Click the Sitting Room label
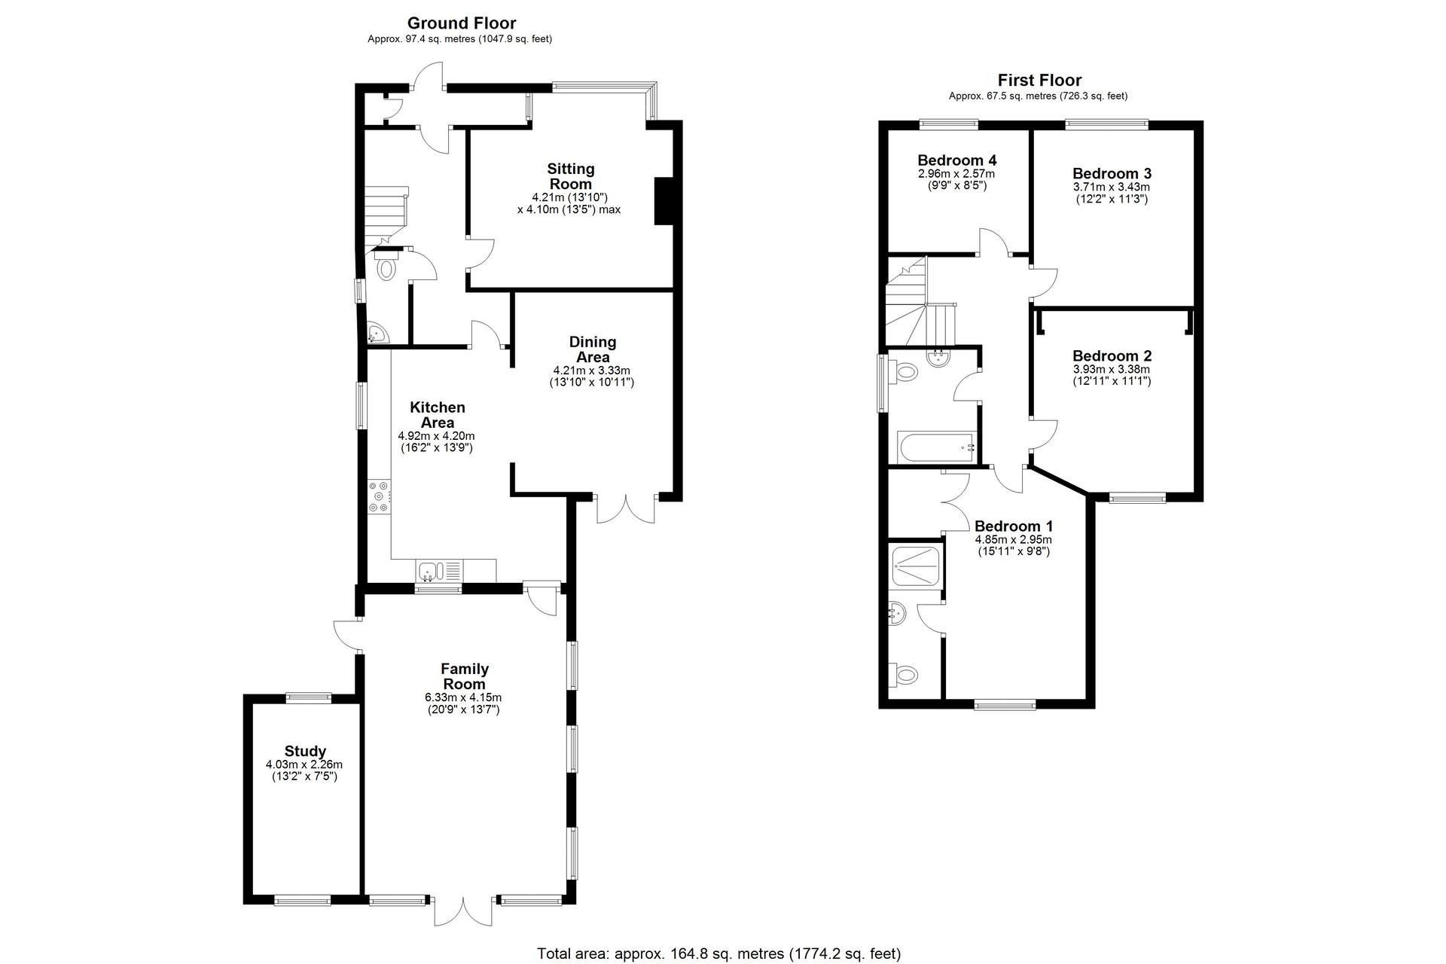[x=571, y=176]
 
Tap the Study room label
[x=305, y=751]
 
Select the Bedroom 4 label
[x=956, y=160]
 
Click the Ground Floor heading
[x=462, y=23]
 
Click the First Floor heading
[x=1039, y=80]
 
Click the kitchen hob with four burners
[x=379, y=497]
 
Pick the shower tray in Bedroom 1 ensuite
[x=915, y=567]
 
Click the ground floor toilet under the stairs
[x=386, y=264]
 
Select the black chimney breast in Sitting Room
[x=663, y=201]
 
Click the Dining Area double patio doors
[x=626, y=508]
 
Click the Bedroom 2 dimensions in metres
[x=1112, y=370]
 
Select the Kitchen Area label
[x=437, y=415]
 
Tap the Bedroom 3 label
[x=1112, y=174]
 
